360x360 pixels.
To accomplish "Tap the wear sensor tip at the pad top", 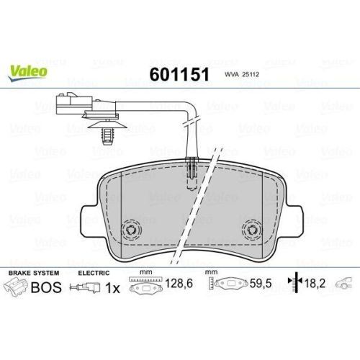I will click(192, 169).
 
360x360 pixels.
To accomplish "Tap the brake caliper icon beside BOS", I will click(17, 289).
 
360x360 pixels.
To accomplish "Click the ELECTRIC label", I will click(94, 274).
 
